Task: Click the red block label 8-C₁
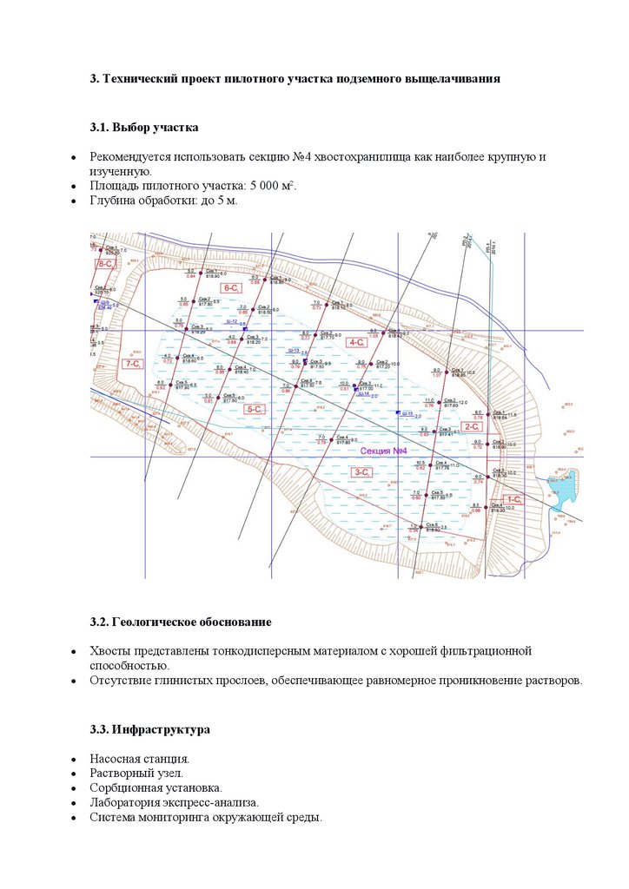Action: pos(107,263)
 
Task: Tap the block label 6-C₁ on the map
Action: pos(232,287)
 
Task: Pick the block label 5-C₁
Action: pos(255,409)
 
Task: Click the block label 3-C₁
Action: pos(363,471)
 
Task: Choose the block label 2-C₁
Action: pos(473,426)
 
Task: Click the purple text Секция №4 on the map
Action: pos(383,451)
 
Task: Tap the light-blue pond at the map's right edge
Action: pos(562,493)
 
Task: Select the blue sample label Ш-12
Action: pos(231,321)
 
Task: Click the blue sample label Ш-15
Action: pos(407,414)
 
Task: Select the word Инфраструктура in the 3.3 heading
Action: pos(161,729)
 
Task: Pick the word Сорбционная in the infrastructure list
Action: pos(124,787)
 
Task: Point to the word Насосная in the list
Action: pos(116,758)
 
